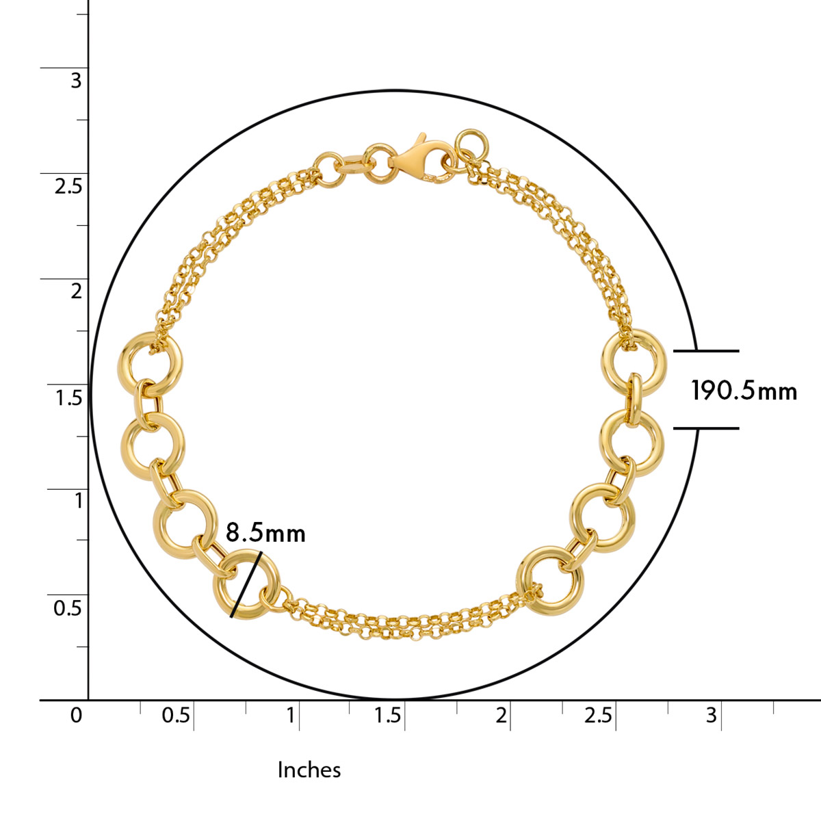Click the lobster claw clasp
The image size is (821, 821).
(419, 160)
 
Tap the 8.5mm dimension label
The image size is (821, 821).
(265, 533)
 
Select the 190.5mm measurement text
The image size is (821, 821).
(744, 390)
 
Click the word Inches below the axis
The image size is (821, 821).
(309, 770)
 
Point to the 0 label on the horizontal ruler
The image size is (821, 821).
(76, 715)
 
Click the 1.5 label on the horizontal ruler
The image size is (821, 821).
(387, 715)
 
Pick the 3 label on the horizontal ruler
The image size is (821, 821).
(711, 715)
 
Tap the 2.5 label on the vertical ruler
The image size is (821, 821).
(68, 186)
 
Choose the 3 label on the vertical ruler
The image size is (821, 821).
(76, 80)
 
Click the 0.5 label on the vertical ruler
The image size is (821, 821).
(67, 608)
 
